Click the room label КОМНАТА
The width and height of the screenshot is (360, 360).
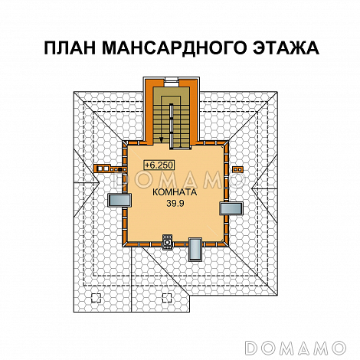[x=174, y=193]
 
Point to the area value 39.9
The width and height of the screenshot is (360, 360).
[x=176, y=205]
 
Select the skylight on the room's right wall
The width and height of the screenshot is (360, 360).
[x=231, y=208]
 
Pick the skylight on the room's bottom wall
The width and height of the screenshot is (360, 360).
[x=195, y=248]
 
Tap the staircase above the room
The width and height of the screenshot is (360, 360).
[x=175, y=115]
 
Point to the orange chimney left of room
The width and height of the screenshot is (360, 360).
[x=107, y=165]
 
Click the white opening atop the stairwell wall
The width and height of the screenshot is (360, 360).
[x=176, y=80]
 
